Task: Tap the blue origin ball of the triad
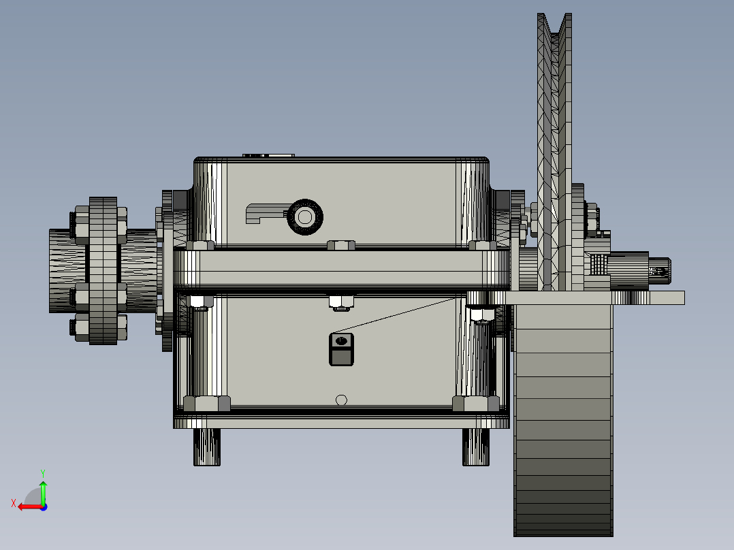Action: [x=43, y=506]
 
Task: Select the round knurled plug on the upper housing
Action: [x=305, y=217]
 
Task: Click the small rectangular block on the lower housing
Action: [x=342, y=349]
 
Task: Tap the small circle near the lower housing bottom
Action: [x=342, y=400]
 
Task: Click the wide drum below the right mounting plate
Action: [x=563, y=422]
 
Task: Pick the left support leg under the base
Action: [x=207, y=447]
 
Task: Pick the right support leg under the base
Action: [x=477, y=447]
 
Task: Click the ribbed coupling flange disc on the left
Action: [x=103, y=270]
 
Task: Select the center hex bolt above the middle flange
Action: [x=340, y=245]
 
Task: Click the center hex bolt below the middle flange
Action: [x=340, y=300]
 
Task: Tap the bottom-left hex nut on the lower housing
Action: [x=207, y=403]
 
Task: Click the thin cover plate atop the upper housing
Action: [x=269, y=156]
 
